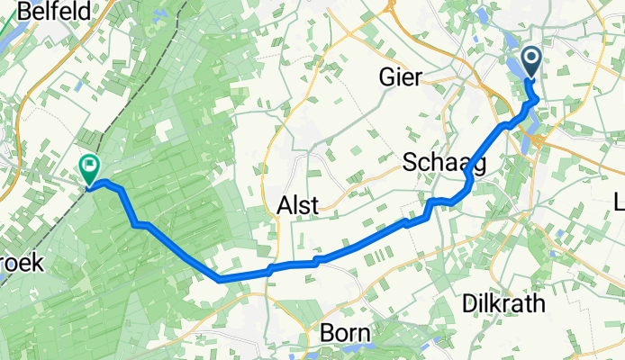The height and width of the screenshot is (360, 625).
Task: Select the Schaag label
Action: coord(444,163)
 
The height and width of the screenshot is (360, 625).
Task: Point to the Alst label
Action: coord(294,205)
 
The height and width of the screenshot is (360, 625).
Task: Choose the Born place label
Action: coord(345,334)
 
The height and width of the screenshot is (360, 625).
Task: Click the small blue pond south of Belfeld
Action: coord(78,85)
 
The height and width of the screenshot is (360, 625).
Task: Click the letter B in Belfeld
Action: coord(13,13)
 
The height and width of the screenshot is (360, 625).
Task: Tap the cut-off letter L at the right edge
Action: coord(619,200)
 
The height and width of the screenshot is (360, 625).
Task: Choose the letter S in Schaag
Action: coord(411,163)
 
